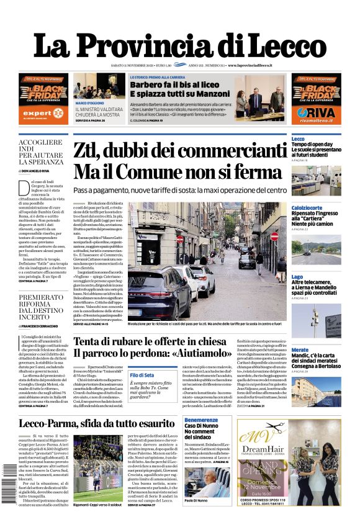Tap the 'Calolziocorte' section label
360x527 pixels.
coord(307,207)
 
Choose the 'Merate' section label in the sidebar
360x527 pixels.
coord(300,350)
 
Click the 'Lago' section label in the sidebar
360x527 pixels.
coord(297,277)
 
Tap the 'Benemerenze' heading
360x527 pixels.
coord(201,420)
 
